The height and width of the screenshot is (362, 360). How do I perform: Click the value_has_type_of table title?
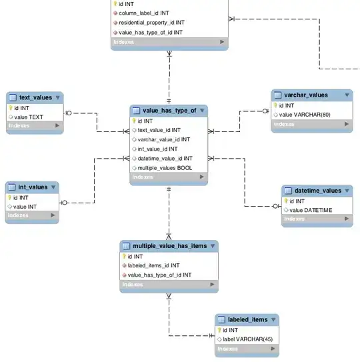165,111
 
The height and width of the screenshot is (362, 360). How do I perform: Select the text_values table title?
35,97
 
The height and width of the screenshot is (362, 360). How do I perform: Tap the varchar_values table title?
305,95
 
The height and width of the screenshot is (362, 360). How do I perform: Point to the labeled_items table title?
247,320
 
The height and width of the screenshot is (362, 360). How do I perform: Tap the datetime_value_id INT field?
165,159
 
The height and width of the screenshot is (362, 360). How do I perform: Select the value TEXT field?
28,117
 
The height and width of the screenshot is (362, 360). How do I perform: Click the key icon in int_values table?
10,197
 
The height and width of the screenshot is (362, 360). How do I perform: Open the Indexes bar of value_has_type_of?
169,177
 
